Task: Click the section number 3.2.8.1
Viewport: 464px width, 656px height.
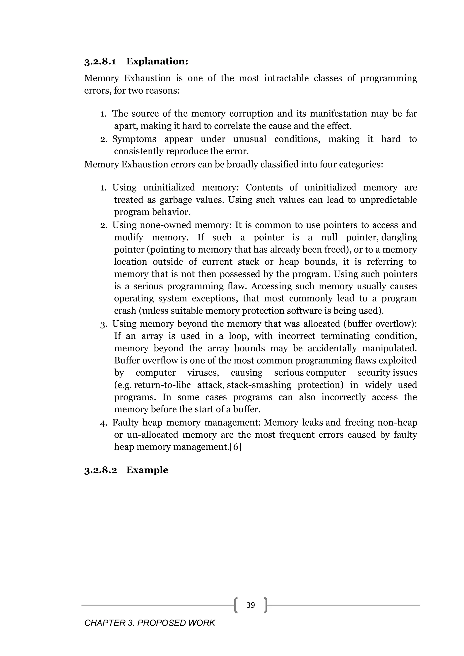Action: click(100, 61)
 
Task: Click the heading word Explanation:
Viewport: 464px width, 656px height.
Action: click(157, 61)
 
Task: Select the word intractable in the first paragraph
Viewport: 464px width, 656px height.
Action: click(286, 78)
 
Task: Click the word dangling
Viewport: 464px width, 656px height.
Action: click(399, 237)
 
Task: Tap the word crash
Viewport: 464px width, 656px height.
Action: click(125, 311)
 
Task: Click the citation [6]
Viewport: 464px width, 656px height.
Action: click(236, 447)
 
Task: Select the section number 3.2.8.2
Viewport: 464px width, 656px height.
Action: click(101, 470)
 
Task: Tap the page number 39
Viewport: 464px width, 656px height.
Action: click(251, 605)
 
